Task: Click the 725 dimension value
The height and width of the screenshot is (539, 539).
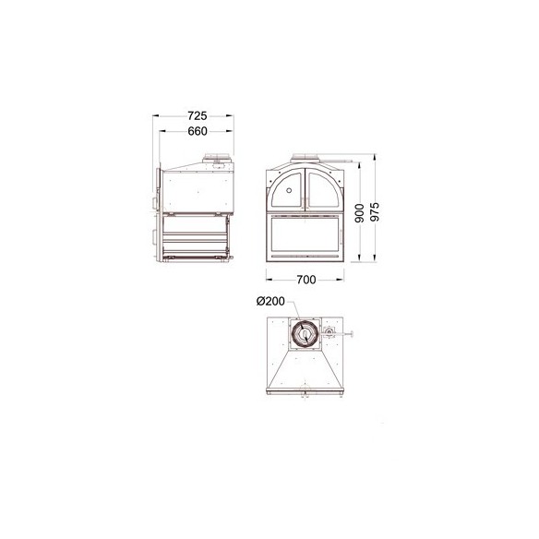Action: pyautogui.click(x=198, y=116)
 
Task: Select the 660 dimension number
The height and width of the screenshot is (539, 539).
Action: pyautogui.click(x=198, y=131)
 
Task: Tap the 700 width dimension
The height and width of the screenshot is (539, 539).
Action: pyautogui.click(x=305, y=280)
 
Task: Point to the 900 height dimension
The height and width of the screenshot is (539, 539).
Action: pyautogui.click(x=359, y=213)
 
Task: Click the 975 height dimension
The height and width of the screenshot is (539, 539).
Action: pyautogui.click(x=375, y=211)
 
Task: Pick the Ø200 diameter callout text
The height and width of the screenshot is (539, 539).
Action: pyautogui.click(x=270, y=302)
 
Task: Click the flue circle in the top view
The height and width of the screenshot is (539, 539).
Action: pyautogui.click(x=305, y=334)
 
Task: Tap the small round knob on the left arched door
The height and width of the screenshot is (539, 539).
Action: pyautogui.click(x=289, y=190)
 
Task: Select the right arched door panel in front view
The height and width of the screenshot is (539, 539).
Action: pyautogui.click(x=323, y=189)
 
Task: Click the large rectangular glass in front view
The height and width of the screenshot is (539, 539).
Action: pyautogui.click(x=305, y=234)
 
